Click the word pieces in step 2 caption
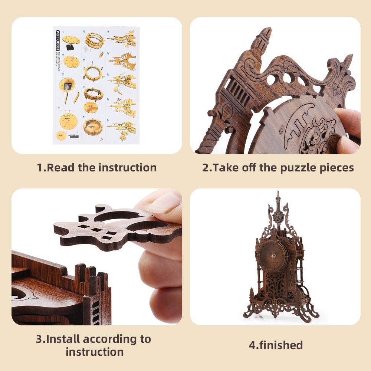coord(338,168)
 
